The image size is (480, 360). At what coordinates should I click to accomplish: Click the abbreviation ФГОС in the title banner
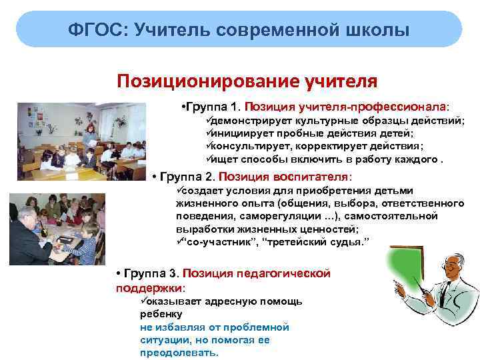coord(97,30)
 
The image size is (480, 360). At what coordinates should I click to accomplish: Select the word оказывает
coord(170,301)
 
